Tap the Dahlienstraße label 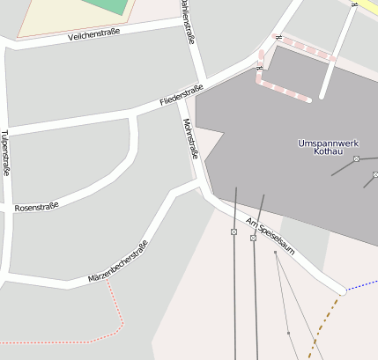[188, 20]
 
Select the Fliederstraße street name [182, 96]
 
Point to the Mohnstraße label [189, 138]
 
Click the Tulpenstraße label [5, 153]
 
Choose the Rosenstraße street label [37, 206]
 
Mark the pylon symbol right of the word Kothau [356, 159]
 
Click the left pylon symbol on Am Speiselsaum [233, 231]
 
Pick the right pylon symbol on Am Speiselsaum [254, 239]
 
